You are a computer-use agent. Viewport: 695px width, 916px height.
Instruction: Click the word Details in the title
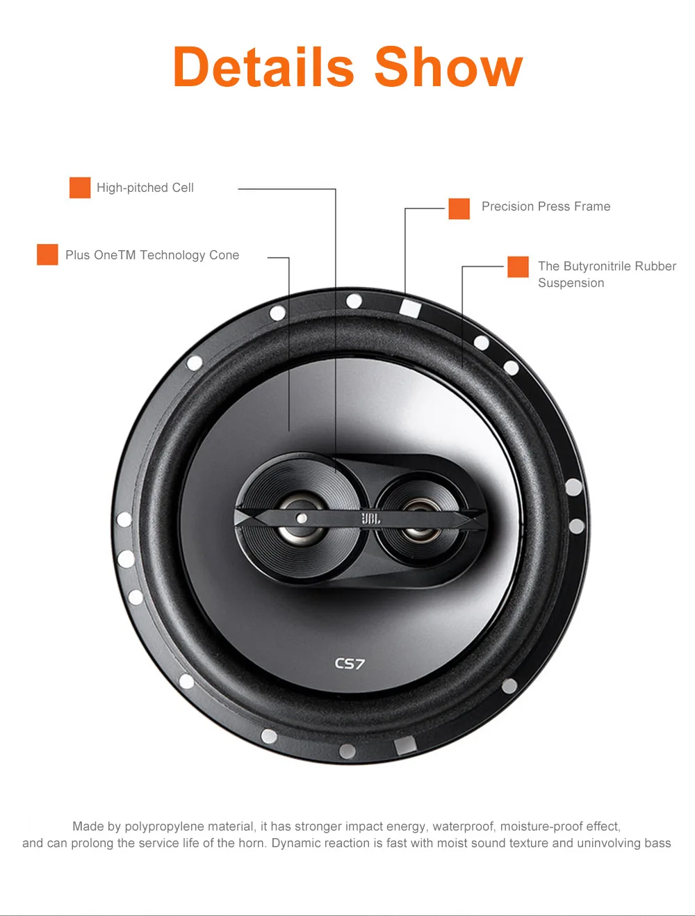coord(263,67)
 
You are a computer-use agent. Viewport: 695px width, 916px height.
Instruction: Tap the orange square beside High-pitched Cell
coord(80,188)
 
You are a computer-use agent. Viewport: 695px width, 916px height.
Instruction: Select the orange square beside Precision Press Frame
coord(459,208)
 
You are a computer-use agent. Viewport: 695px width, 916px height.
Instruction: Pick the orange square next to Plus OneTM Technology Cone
coord(47,254)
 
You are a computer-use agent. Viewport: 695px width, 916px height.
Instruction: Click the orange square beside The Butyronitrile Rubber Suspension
coord(518,267)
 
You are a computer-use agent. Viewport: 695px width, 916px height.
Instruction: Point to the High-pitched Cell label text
coord(145,188)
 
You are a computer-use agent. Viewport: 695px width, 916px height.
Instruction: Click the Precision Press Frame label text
coord(546,206)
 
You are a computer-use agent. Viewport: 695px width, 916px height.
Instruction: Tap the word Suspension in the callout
coord(571,283)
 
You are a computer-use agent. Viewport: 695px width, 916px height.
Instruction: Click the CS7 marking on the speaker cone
coord(350,664)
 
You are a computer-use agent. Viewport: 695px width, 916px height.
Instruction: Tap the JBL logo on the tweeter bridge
coord(370,518)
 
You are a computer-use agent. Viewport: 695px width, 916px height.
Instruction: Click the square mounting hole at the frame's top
coord(410,307)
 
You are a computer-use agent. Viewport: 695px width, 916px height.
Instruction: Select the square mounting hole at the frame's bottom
coord(404,746)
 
